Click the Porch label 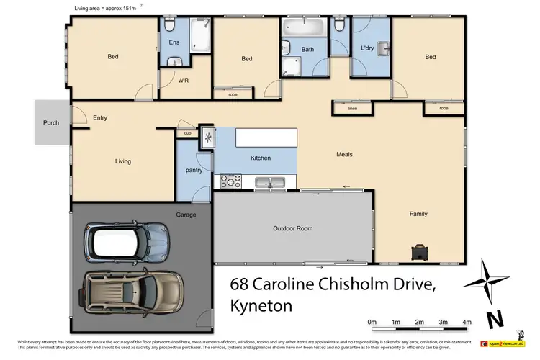51,123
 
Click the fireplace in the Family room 418,251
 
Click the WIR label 184,81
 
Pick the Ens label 174,43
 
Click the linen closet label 351,108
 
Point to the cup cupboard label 187,133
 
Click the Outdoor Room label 292,228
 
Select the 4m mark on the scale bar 467,322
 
